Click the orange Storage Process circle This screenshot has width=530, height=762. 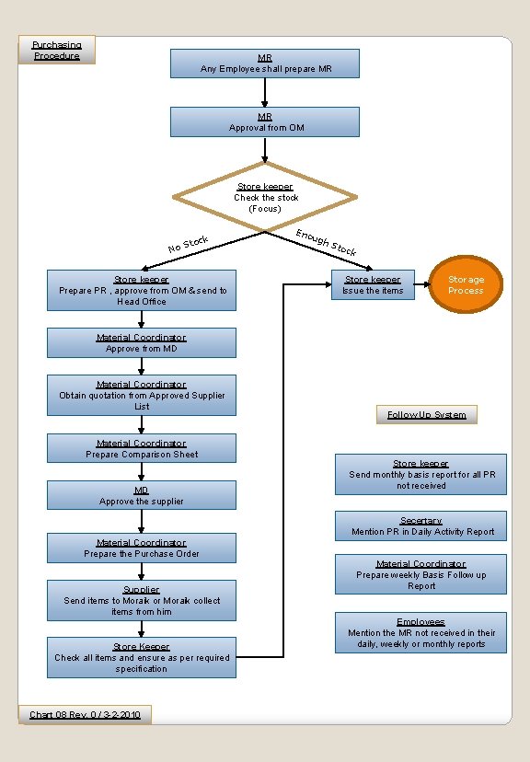(466, 285)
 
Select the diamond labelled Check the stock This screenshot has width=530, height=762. (265, 197)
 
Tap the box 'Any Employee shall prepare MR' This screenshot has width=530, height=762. (265, 63)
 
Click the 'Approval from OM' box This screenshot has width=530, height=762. (265, 121)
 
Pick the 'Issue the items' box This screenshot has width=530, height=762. (373, 284)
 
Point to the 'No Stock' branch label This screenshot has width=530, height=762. (189, 245)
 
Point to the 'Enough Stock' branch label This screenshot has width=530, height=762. (326, 242)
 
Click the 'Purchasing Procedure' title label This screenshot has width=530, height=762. (57, 50)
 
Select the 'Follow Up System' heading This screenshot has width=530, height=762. (426, 415)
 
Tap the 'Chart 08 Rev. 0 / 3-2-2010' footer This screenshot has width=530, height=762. (85, 714)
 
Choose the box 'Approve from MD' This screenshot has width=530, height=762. (142, 343)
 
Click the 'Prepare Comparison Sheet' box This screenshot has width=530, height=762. (142, 449)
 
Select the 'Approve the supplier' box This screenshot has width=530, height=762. (142, 496)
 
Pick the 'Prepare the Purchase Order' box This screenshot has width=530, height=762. (142, 548)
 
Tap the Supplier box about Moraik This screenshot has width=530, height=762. (142, 600)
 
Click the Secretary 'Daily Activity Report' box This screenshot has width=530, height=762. (421, 526)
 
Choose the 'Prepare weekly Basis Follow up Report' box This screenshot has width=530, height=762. (421, 574)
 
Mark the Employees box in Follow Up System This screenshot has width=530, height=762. (421, 633)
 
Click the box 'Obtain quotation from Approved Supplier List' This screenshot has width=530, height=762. (142, 396)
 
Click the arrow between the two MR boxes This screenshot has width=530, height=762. (265, 93)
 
